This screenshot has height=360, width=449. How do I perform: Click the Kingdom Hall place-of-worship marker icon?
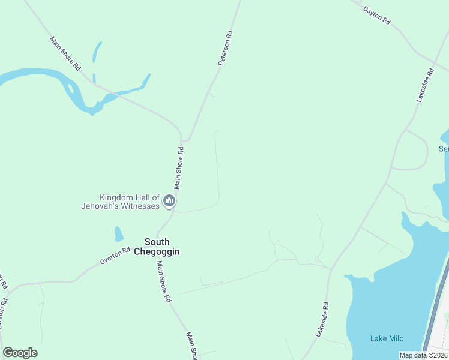[x=169, y=201]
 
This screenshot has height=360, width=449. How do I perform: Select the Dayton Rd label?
[x=377, y=16]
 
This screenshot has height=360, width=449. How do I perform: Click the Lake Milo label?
[x=387, y=338]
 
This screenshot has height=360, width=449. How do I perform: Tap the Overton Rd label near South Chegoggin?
[x=115, y=256]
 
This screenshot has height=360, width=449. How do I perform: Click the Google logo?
[x=20, y=353]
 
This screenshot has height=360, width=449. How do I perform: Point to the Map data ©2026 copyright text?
[x=423, y=355]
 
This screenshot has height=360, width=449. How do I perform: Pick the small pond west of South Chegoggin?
[x=119, y=233]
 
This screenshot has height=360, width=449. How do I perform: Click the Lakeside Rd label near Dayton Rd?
[x=424, y=86]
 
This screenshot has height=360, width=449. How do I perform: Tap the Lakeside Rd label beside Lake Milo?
[x=322, y=318]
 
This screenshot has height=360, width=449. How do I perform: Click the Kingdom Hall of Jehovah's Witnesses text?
[x=121, y=202]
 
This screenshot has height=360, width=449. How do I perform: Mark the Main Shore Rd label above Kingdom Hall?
[x=179, y=167]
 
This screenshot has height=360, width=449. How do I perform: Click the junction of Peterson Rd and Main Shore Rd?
[x=182, y=141]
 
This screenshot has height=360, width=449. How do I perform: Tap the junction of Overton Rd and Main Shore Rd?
[x=157, y=235]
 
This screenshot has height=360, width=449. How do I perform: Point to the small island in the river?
[x=71, y=90]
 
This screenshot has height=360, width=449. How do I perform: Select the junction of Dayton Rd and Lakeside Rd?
[x=434, y=61]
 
